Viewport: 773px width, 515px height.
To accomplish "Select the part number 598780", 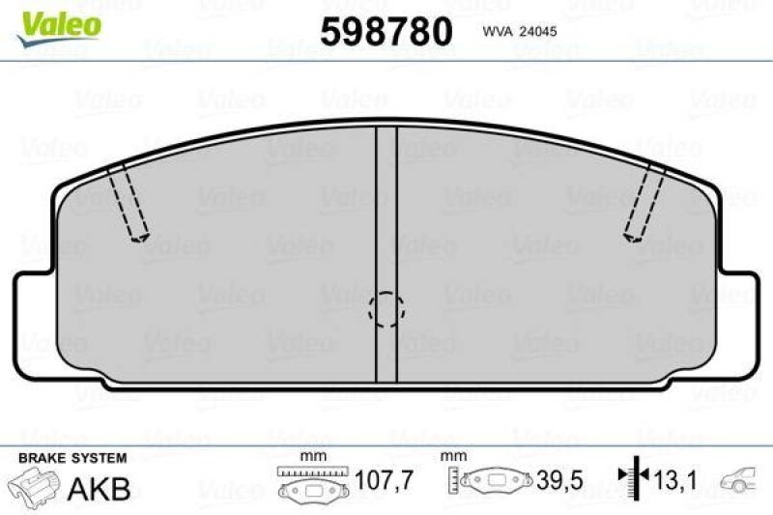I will click(x=386, y=33).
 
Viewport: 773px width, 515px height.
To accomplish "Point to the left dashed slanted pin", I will click(x=128, y=204).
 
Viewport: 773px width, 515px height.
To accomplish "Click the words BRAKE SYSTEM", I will click(x=72, y=457).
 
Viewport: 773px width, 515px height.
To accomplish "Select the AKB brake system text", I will click(x=99, y=488).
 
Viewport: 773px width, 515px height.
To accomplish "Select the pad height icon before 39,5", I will click(x=492, y=479).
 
